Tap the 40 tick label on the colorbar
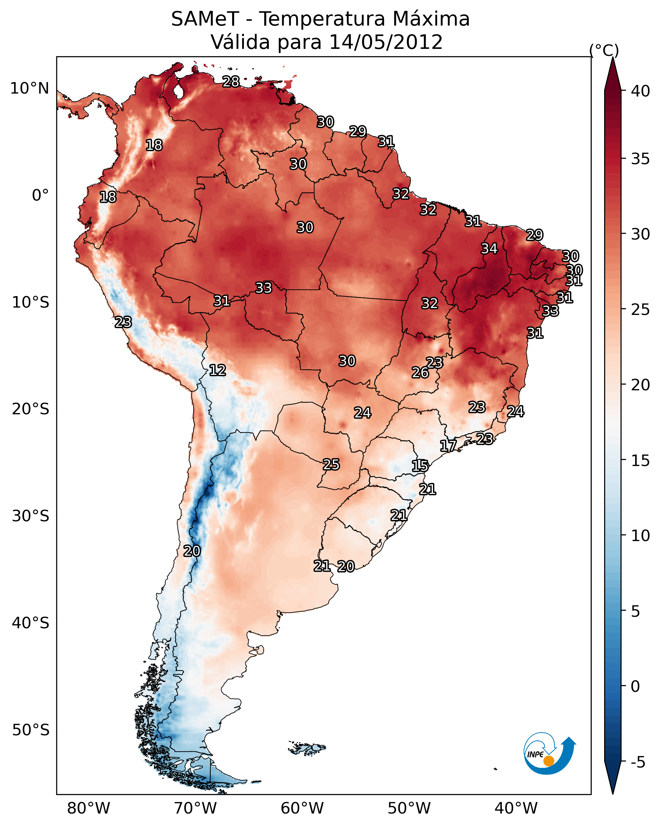tap(641, 91)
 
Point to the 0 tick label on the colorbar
tap(635, 686)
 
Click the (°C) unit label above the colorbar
tap(604, 50)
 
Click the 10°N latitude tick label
tap(29, 88)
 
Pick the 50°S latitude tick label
tap(31, 730)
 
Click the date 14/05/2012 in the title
tap(385, 42)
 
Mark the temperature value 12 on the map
tap(217, 370)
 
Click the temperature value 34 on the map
tap(489, 249)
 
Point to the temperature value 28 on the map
tap(231, 81)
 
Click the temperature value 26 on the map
tap(420, 372)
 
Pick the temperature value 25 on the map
tap(331, 464)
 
